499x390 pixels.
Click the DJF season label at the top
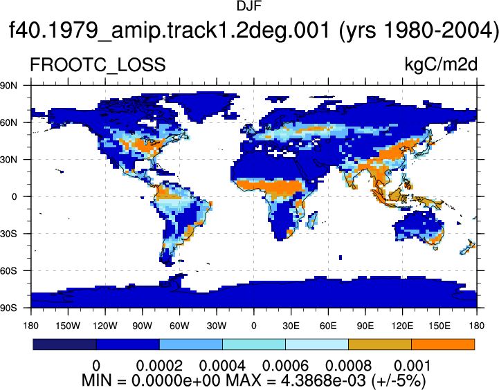[249, 6]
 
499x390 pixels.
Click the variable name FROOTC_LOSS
[98, 65]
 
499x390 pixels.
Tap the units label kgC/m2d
[441, 64]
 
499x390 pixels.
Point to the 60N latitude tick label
[8, 122]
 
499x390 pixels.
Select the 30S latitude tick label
[8, 234]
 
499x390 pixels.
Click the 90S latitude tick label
[8, 308]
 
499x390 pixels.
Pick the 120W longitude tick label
[105, 326]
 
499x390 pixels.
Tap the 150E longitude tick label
[439, 326]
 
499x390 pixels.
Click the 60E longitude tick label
[328, 326]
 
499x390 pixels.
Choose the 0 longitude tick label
[253, 326]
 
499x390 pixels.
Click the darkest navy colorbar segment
[64, 344]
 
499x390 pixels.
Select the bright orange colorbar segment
[443, 344]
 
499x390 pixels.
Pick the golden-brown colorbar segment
[380, 344]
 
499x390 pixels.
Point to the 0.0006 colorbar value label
[285, 366]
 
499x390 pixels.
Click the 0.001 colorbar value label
[412, 366]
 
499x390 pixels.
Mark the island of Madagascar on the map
[312, 220]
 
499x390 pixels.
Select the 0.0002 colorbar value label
[159, 366]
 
